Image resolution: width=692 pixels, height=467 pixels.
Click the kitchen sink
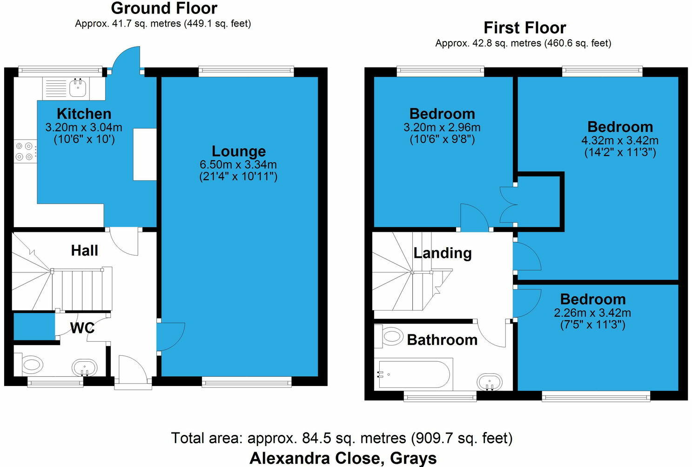click(77, 87)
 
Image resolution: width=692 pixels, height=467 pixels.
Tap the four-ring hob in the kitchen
click(26, 151)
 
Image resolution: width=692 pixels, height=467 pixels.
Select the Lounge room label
click(239, 151)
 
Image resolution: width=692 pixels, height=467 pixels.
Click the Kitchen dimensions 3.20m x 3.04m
click(84, 127)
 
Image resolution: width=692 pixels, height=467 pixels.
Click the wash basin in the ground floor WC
click(85, 367)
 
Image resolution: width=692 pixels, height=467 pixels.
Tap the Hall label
click(84, 250)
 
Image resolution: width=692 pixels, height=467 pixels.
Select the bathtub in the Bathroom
click(414, 374)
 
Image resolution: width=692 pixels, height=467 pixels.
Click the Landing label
click(443, 253)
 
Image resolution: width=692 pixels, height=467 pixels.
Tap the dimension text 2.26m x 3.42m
click(592, 312)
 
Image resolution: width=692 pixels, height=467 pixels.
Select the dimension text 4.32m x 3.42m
click(620, 140)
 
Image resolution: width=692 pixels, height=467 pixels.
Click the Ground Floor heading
click(164, 8)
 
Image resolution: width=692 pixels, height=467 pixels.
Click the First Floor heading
click(524, 28)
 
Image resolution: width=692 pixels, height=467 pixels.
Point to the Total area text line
click(342, 438)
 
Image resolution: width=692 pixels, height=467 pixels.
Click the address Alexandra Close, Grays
click(343, 458)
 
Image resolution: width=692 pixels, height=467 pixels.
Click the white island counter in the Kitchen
click(145, 154)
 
